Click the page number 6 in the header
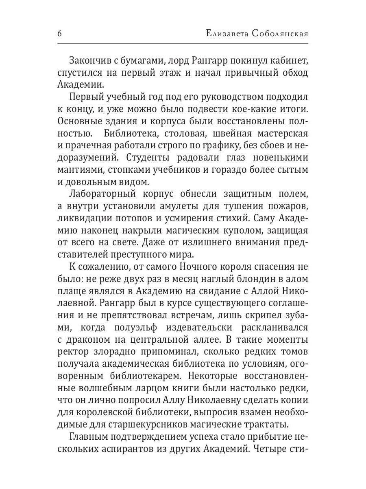click(x=60, y=33)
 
